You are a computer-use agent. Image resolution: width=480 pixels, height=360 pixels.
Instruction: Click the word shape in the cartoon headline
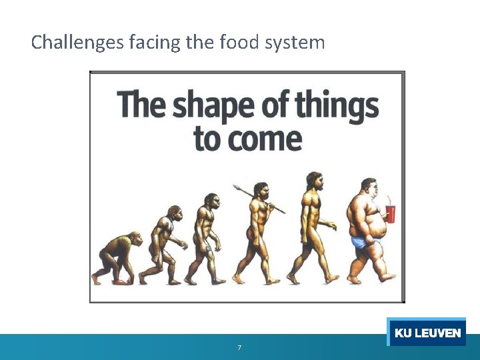click(215, 107)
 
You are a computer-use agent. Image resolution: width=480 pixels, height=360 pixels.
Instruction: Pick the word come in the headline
click(267, 139)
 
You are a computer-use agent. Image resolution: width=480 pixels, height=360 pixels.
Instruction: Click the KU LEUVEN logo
click(427, 333)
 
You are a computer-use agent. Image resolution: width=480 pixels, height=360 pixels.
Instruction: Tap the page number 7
click(239, 348)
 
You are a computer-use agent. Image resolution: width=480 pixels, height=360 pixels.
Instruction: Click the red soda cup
click(390, 213)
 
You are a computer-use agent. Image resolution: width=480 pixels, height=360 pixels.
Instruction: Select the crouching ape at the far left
click(117, 257)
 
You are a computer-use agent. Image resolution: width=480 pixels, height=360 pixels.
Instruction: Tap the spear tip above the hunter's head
click(237, 188)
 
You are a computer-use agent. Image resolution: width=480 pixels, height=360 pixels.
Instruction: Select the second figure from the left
click(163, 243)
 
